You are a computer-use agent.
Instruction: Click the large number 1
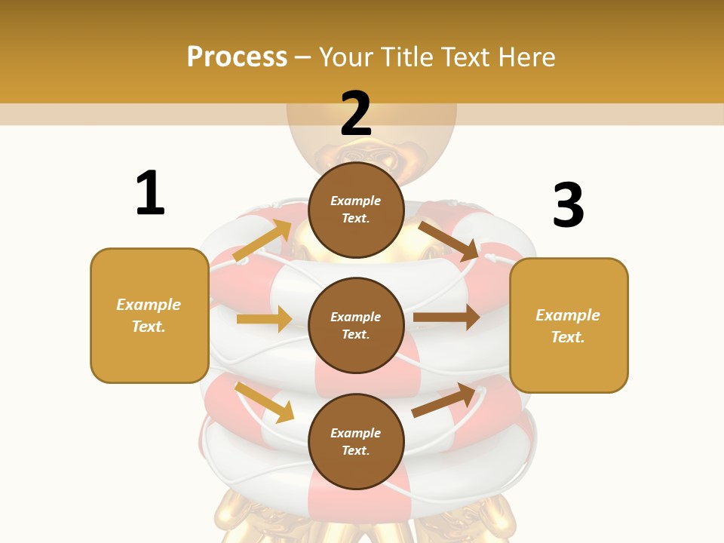(x=150, y=193)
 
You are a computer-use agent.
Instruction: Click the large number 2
(x=356, y=114)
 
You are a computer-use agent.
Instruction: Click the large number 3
(x=568, y=205)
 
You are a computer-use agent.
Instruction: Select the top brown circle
(x=356, y=210)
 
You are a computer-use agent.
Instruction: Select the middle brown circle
(x=356, y=325)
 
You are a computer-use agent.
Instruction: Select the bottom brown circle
(x=356, y=441)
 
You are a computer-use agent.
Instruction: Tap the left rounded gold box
(x=149, y=315)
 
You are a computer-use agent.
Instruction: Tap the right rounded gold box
(x=569, y=325)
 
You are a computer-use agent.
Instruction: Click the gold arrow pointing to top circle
(x=262, y=241)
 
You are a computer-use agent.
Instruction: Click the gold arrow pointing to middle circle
(x=264, y=319)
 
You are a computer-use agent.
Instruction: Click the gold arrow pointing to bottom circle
(x=264, y=402)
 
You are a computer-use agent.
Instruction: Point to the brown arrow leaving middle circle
(x=446, y=318)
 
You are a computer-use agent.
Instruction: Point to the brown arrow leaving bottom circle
(x=445, y=400)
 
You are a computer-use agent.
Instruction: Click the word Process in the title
(x=237, y=57)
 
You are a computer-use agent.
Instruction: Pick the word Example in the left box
(x=149, y=305)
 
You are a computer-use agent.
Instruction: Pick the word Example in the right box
(x=568, y=315)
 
